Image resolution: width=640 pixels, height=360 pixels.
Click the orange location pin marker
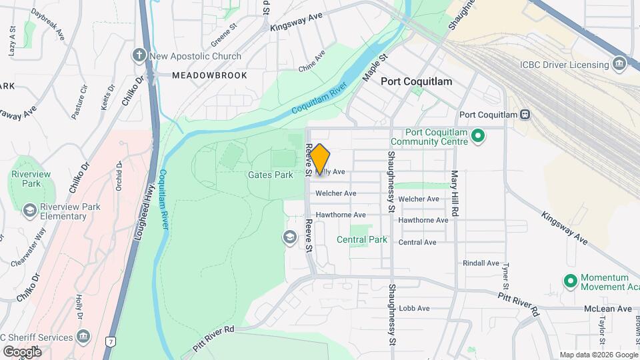[x=320, y=159]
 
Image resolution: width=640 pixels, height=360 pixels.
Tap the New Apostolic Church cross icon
[x=139, y=55]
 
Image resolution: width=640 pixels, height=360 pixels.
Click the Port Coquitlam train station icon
[x=525, y=115]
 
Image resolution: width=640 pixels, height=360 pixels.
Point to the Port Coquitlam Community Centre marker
[x=477, y=137]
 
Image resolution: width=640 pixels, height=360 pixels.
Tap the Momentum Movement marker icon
[x=570, y=281]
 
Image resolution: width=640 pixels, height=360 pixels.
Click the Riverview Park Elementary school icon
[x=29, y=211]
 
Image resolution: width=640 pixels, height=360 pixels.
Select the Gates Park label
[x=270, y=175]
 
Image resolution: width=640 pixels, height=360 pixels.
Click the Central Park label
[x=362, y=239]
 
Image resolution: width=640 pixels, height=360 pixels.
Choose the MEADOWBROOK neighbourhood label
[x=209, y=75]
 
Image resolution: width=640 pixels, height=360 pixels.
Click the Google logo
[x=22, y=351]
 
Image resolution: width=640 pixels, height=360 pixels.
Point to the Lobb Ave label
[x=414, y=309]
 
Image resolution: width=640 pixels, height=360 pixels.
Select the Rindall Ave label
[x=481, y=263]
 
